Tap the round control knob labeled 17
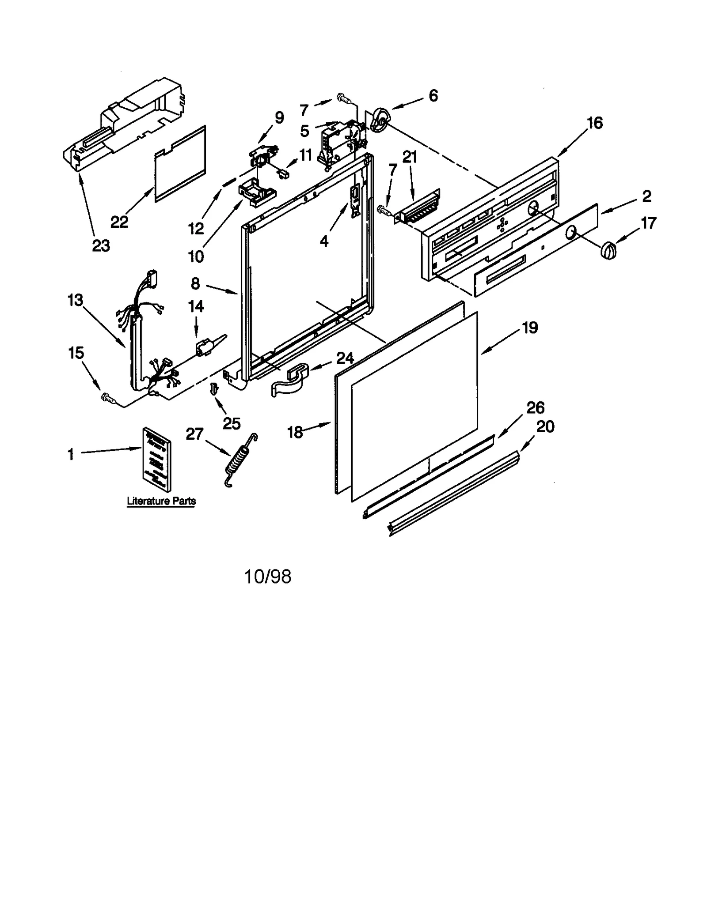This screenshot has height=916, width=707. (x=608, y=250)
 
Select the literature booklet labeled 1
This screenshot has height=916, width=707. (x=156, y=459)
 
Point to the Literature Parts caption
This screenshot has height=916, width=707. (x=161, y=501)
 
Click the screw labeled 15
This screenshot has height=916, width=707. (x=107, y=397)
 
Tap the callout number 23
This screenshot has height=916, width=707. (x=101, y=245)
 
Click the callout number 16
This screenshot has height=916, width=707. (x=595, y=123)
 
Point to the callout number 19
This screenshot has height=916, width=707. (x=530, y=328)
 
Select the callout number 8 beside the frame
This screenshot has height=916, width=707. (x=195, y=283)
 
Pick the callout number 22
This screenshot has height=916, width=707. (x=119, y=222)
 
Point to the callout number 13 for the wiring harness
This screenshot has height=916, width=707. (x=75, y=300)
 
